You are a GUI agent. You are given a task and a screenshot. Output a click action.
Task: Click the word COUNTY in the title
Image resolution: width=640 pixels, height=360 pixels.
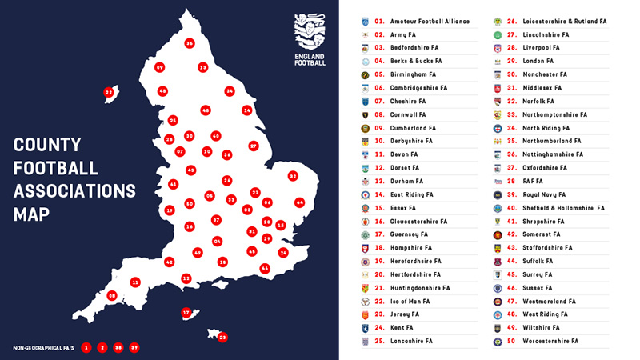click(x=47, y=146)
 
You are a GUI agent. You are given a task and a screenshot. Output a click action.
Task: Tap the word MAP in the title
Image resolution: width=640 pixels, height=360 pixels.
click(x=31, y=214)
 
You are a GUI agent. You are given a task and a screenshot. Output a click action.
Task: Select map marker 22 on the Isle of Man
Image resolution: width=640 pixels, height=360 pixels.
click(x=109, y=93)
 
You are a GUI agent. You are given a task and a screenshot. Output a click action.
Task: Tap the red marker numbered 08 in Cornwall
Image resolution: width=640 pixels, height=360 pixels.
click(x=112, y=295)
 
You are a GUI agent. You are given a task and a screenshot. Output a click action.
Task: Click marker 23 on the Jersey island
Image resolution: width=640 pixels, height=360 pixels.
click(x=222, y=337)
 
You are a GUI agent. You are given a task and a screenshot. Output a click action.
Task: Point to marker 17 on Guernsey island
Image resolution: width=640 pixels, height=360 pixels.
click(x=186, y=313)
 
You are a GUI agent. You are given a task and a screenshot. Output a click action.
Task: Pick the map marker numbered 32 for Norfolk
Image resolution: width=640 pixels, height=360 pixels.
click(x=293, y=176)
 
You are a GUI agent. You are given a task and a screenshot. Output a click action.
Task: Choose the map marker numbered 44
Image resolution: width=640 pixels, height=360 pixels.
click(x=299, y=202)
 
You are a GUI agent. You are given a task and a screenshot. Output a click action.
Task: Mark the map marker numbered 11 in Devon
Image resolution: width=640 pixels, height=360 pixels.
click(x=135, y=282)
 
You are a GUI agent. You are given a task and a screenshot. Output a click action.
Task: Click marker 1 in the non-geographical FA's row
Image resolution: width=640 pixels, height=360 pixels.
click(x=86, y=347)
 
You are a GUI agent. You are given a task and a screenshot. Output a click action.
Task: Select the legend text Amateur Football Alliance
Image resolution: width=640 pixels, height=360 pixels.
click(x=430, y=22)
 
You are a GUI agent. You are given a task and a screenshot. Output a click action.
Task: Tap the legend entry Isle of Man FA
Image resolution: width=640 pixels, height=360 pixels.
click(x=410, y=302)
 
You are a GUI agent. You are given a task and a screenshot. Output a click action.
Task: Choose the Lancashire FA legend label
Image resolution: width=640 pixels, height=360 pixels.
click(x=411, y=341)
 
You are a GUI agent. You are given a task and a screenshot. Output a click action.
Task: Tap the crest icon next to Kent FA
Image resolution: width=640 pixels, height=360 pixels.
click(x=365, y=328)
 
